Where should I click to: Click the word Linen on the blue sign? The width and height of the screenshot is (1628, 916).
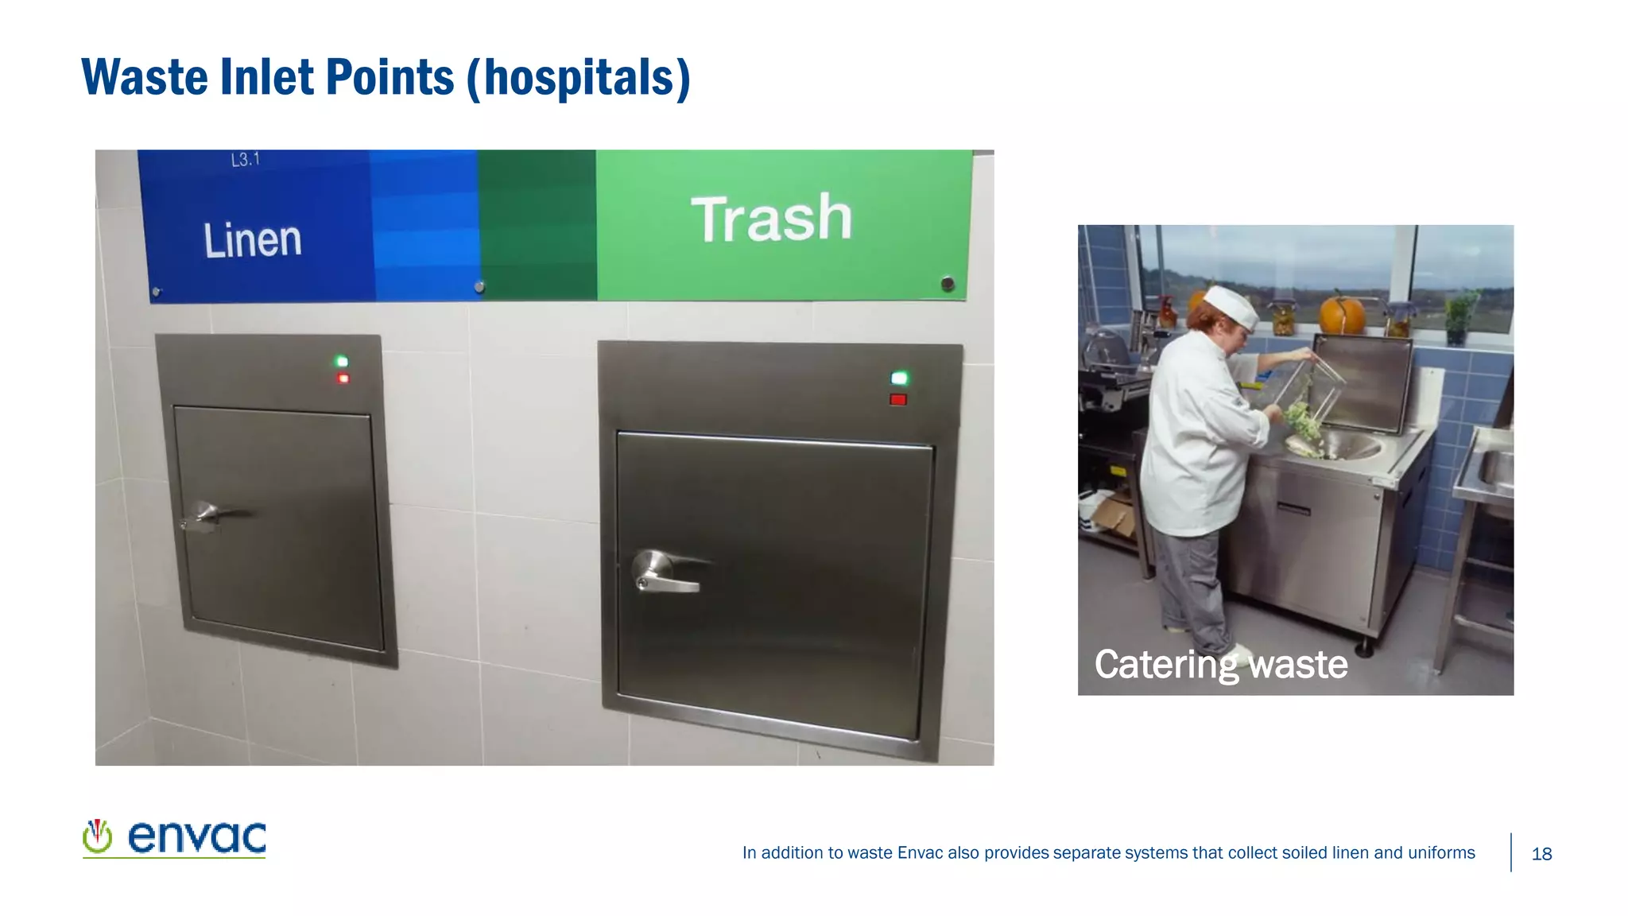[x=253, y=240]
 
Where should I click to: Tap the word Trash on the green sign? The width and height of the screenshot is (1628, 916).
[x=771, y=219]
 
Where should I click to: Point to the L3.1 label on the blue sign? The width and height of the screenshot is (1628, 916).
[x=245, y=160]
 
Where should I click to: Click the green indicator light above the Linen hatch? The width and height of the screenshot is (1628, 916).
[x=342, y=362]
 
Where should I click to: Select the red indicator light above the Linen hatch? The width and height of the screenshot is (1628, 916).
[x=343, y=378]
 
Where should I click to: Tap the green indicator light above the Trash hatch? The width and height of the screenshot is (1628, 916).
[x=899, y=378]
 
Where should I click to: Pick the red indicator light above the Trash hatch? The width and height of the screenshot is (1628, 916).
[x=898, y=400]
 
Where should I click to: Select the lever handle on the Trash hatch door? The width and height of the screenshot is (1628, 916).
[x=664, y=572]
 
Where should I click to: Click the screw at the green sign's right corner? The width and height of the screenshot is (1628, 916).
[x=948, y=284]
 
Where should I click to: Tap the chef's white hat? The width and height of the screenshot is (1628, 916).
[x=1231, y=305]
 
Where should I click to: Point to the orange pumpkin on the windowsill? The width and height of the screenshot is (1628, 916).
[x=1341, y=313]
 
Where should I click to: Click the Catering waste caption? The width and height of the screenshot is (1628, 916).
[x=1220, y=665]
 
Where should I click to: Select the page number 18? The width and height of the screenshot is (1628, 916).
[x=1541, y=854]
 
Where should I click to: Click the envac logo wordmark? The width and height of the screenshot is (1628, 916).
[x=196, y=837]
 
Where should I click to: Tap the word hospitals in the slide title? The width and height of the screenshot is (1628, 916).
[x=579, y=78]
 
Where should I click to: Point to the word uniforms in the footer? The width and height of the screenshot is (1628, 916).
[x=1441, y=853]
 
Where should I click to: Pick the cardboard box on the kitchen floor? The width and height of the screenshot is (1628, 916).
[x=1113, y=512]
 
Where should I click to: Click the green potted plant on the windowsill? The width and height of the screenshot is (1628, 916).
[x=1460, y=315]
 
